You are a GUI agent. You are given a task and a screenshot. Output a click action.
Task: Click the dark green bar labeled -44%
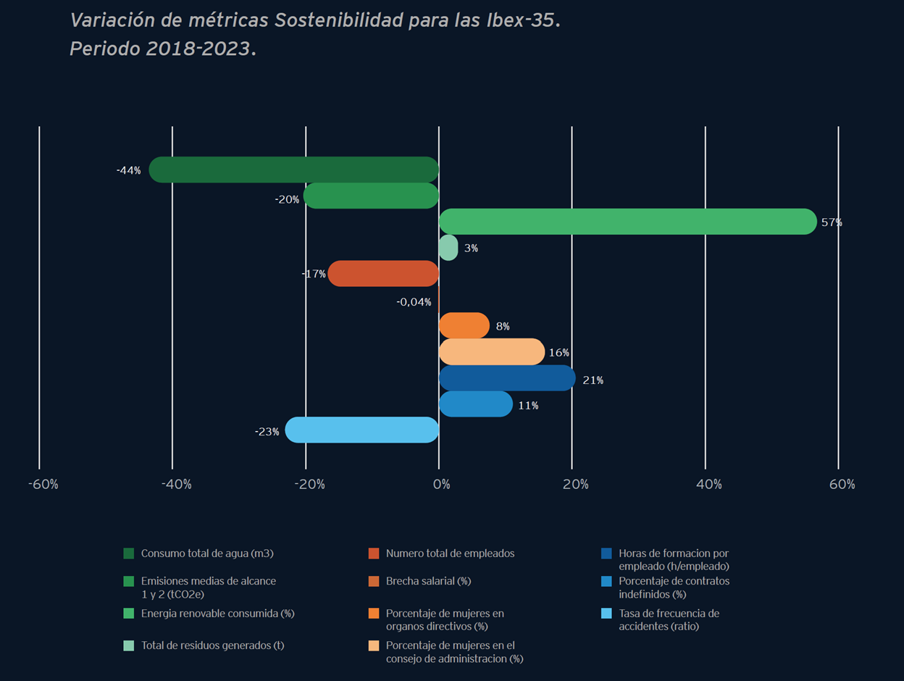pos(293,170)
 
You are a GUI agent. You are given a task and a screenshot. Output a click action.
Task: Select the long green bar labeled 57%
pos(627,222)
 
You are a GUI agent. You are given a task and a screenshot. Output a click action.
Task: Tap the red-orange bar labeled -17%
pos(383,274)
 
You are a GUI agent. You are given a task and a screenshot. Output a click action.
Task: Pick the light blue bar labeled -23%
pos(361,430)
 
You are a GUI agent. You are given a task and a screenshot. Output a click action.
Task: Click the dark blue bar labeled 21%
pos(507,378)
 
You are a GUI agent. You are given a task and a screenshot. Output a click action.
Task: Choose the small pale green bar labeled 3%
pos(448,248)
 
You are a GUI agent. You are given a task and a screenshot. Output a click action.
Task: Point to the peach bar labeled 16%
pos(492,352)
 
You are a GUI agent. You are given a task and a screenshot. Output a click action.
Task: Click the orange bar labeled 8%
pos(464,326)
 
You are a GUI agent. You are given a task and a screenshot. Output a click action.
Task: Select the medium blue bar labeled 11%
pos(476,404)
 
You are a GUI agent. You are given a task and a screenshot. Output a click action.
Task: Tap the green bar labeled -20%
pos(371,196)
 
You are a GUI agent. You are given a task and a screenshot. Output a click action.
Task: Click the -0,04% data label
pos(414,302)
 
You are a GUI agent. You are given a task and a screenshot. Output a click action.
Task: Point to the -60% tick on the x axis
pos(43,484)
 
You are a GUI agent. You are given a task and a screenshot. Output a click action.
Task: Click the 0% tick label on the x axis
pos(441,484)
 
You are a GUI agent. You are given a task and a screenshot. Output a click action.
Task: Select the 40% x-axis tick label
pos(708,484)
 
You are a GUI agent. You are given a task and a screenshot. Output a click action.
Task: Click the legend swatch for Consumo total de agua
pos(129,553)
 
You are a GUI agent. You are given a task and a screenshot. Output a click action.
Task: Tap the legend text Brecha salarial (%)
pos(428,581)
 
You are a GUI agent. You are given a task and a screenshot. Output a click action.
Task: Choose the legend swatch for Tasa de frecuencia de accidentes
pos(606,614)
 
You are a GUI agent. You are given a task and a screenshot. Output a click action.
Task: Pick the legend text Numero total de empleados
pos(450,553)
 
